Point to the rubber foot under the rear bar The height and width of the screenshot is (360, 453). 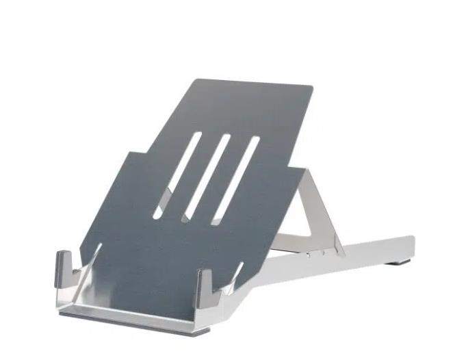(x=399, y=261)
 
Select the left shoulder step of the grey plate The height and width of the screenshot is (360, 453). (x=126, y=157)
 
